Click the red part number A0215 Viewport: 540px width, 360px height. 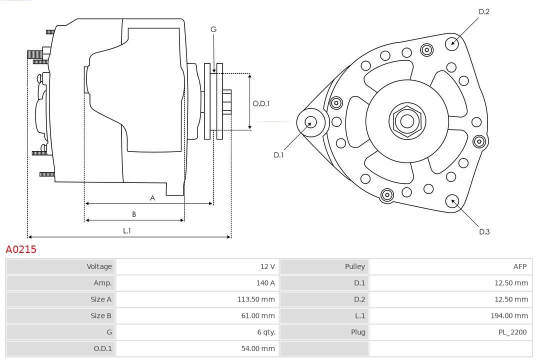[21, 249]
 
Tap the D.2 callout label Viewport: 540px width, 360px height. [483, 11]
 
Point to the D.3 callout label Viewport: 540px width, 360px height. [484, 231]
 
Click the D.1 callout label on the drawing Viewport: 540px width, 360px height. [278, 155]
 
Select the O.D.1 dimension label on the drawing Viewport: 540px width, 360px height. [261, 103]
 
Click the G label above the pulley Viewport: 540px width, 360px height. [213, 29]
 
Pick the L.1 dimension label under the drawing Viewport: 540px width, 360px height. [127, 230]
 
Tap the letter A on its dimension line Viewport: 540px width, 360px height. [152, 198]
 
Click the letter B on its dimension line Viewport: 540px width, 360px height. [134, 214]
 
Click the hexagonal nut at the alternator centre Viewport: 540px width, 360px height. [406, 120]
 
